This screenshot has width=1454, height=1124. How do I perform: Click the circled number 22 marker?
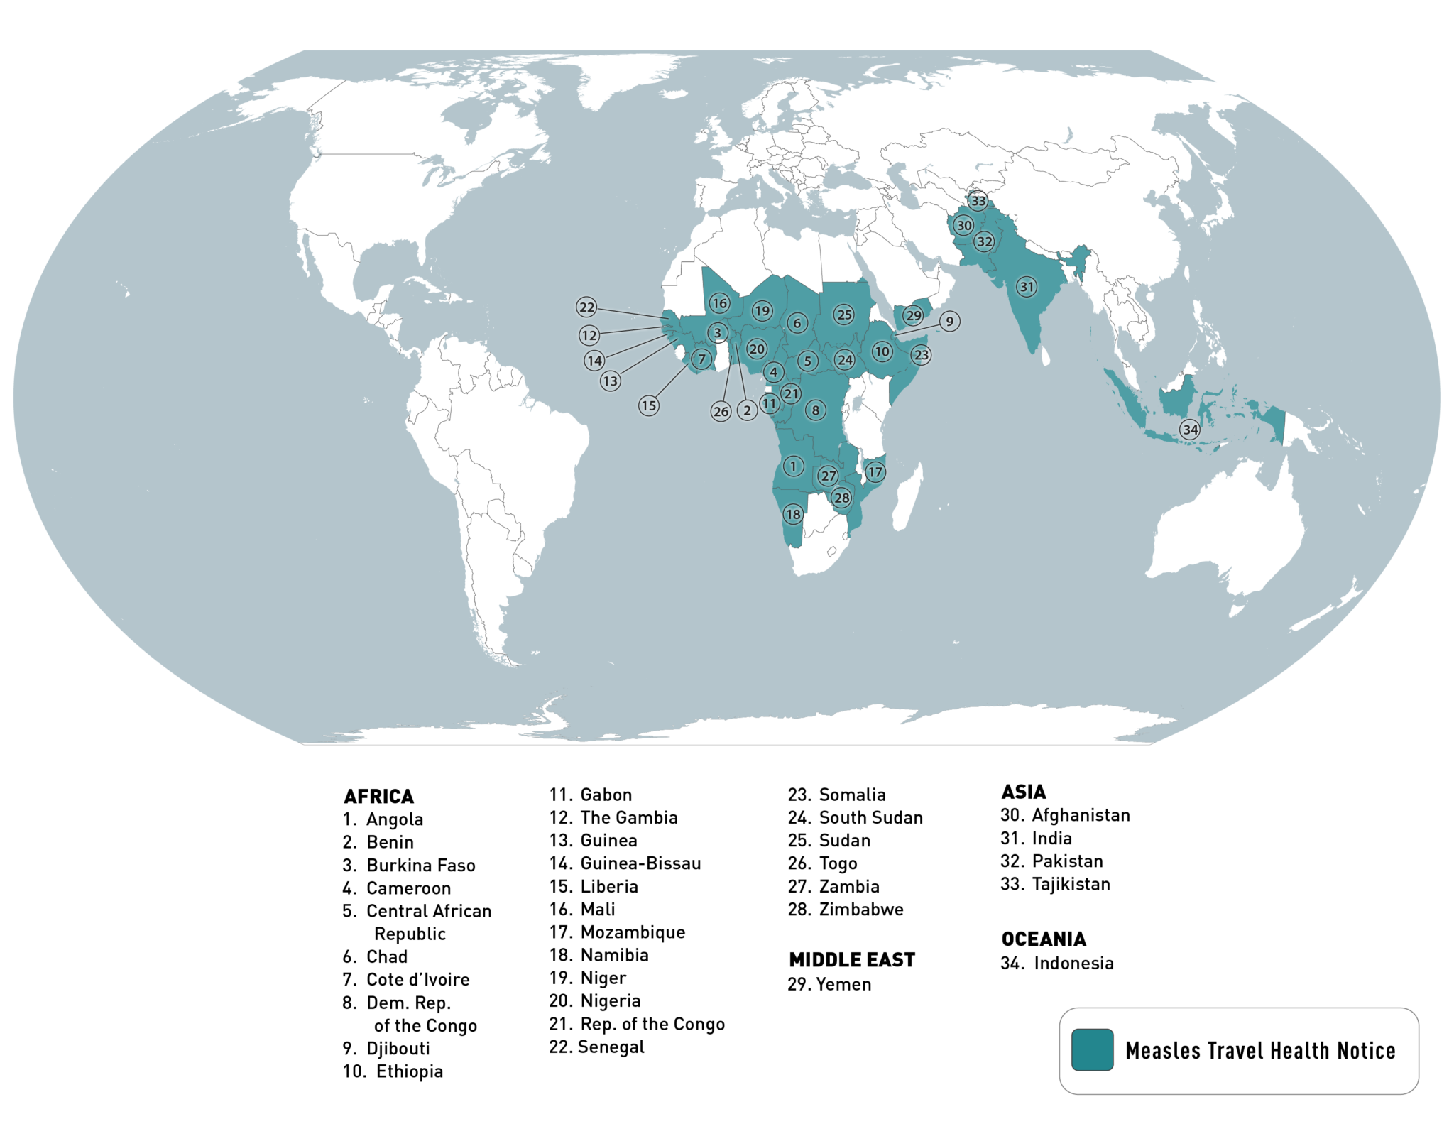[586, 307]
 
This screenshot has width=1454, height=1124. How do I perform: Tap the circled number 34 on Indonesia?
[1190, 429]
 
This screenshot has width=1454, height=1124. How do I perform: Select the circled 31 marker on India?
[1027, 287]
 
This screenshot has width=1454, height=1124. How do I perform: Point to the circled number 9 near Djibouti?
[950, 321]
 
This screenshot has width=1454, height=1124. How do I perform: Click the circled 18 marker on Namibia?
[793, 514]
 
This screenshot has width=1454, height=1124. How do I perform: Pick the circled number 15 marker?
[648, 405]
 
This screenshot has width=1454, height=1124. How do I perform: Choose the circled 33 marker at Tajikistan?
[978, 201]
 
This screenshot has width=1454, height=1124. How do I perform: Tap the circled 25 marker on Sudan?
[843, 314]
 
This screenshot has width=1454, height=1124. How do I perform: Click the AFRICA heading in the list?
[378, 796]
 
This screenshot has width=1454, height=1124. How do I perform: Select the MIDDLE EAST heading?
[852, 960]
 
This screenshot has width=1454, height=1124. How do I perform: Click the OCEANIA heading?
[1044, 939]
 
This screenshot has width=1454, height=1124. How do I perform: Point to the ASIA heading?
[1023, 792]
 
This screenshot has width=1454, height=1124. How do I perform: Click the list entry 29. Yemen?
[829, 984]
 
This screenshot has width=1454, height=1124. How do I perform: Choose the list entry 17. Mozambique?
[617, 932]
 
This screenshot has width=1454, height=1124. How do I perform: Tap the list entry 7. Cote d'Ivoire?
[406, 979]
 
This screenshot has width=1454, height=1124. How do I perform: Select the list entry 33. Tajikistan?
[1055, 884]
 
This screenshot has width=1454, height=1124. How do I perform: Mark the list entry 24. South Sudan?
[856, 817]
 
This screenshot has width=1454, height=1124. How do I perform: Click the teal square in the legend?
[1092, 1049]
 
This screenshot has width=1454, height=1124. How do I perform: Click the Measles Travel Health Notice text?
[1260, 1050]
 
